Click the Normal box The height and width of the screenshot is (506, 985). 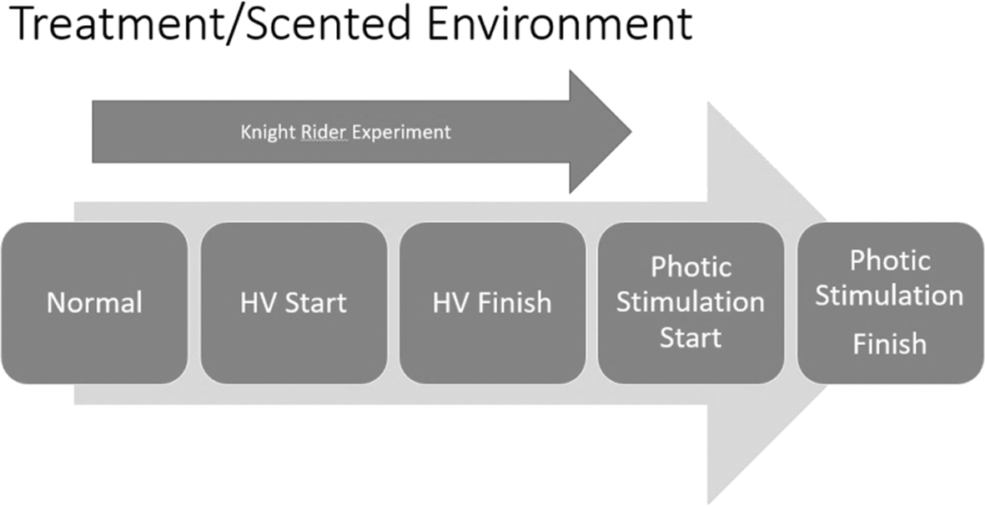(x=94, y=303)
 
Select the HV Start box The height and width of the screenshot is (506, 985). (x=294, y=303)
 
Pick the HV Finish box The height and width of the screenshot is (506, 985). (x=492, y=303)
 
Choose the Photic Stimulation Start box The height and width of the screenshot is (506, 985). (x=691, y=303)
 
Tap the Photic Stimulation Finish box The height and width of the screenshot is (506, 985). (x=890, y=303)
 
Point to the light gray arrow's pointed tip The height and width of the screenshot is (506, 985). (x=826, y=303)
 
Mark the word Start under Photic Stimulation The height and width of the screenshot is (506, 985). (x=691, y=338)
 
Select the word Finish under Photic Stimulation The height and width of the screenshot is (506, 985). (x=890, y=344)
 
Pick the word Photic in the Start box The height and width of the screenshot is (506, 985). (x=691, y=267)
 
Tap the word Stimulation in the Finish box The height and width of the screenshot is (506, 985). (x=890, y=296)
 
